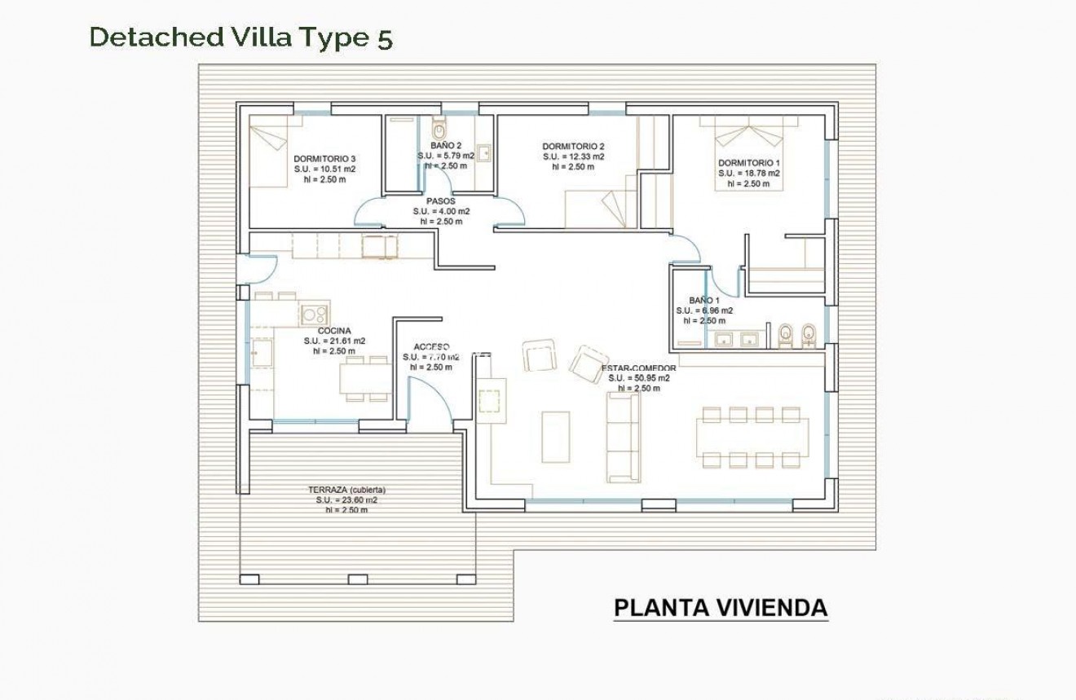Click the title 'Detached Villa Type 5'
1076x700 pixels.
(x=240, y=37)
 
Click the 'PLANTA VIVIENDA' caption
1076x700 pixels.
(x=720, y=608)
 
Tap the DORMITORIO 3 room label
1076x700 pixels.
(x=324, y=159)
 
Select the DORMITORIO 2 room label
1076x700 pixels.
(x=573, y=147)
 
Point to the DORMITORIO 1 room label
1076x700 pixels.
(x=749, y=163)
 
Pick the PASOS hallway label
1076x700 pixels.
(x=440, y=200)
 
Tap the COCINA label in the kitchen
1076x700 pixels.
(x=334, y=331)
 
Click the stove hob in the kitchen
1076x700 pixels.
(x=314, y=313)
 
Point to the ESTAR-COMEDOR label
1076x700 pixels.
(x=638, y=368)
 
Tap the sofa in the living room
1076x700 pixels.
(x=622, y=436)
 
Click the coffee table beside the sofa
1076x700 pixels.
(x=556, y=436)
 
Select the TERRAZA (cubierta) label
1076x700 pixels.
(x=346, y=490)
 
